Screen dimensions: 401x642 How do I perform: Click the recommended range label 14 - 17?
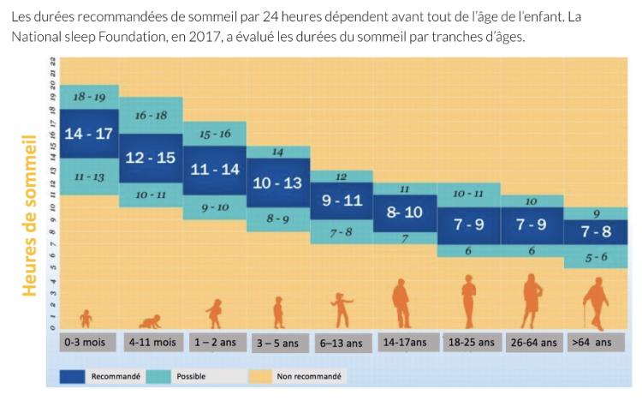pos(89,134)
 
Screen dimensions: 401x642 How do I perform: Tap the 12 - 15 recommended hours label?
pos(151,158)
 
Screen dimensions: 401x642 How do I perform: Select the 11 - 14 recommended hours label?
pos(214,170)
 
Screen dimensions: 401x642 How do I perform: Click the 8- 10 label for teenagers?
pos(404,212)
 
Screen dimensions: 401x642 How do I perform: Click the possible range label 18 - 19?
pos(89,98)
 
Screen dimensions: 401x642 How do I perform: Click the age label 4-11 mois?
pos(152,342)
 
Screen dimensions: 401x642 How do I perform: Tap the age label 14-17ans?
pos(405,342)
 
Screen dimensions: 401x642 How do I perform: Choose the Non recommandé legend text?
pos(309,376)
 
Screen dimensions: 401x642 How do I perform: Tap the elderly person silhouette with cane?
pos(594,305)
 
